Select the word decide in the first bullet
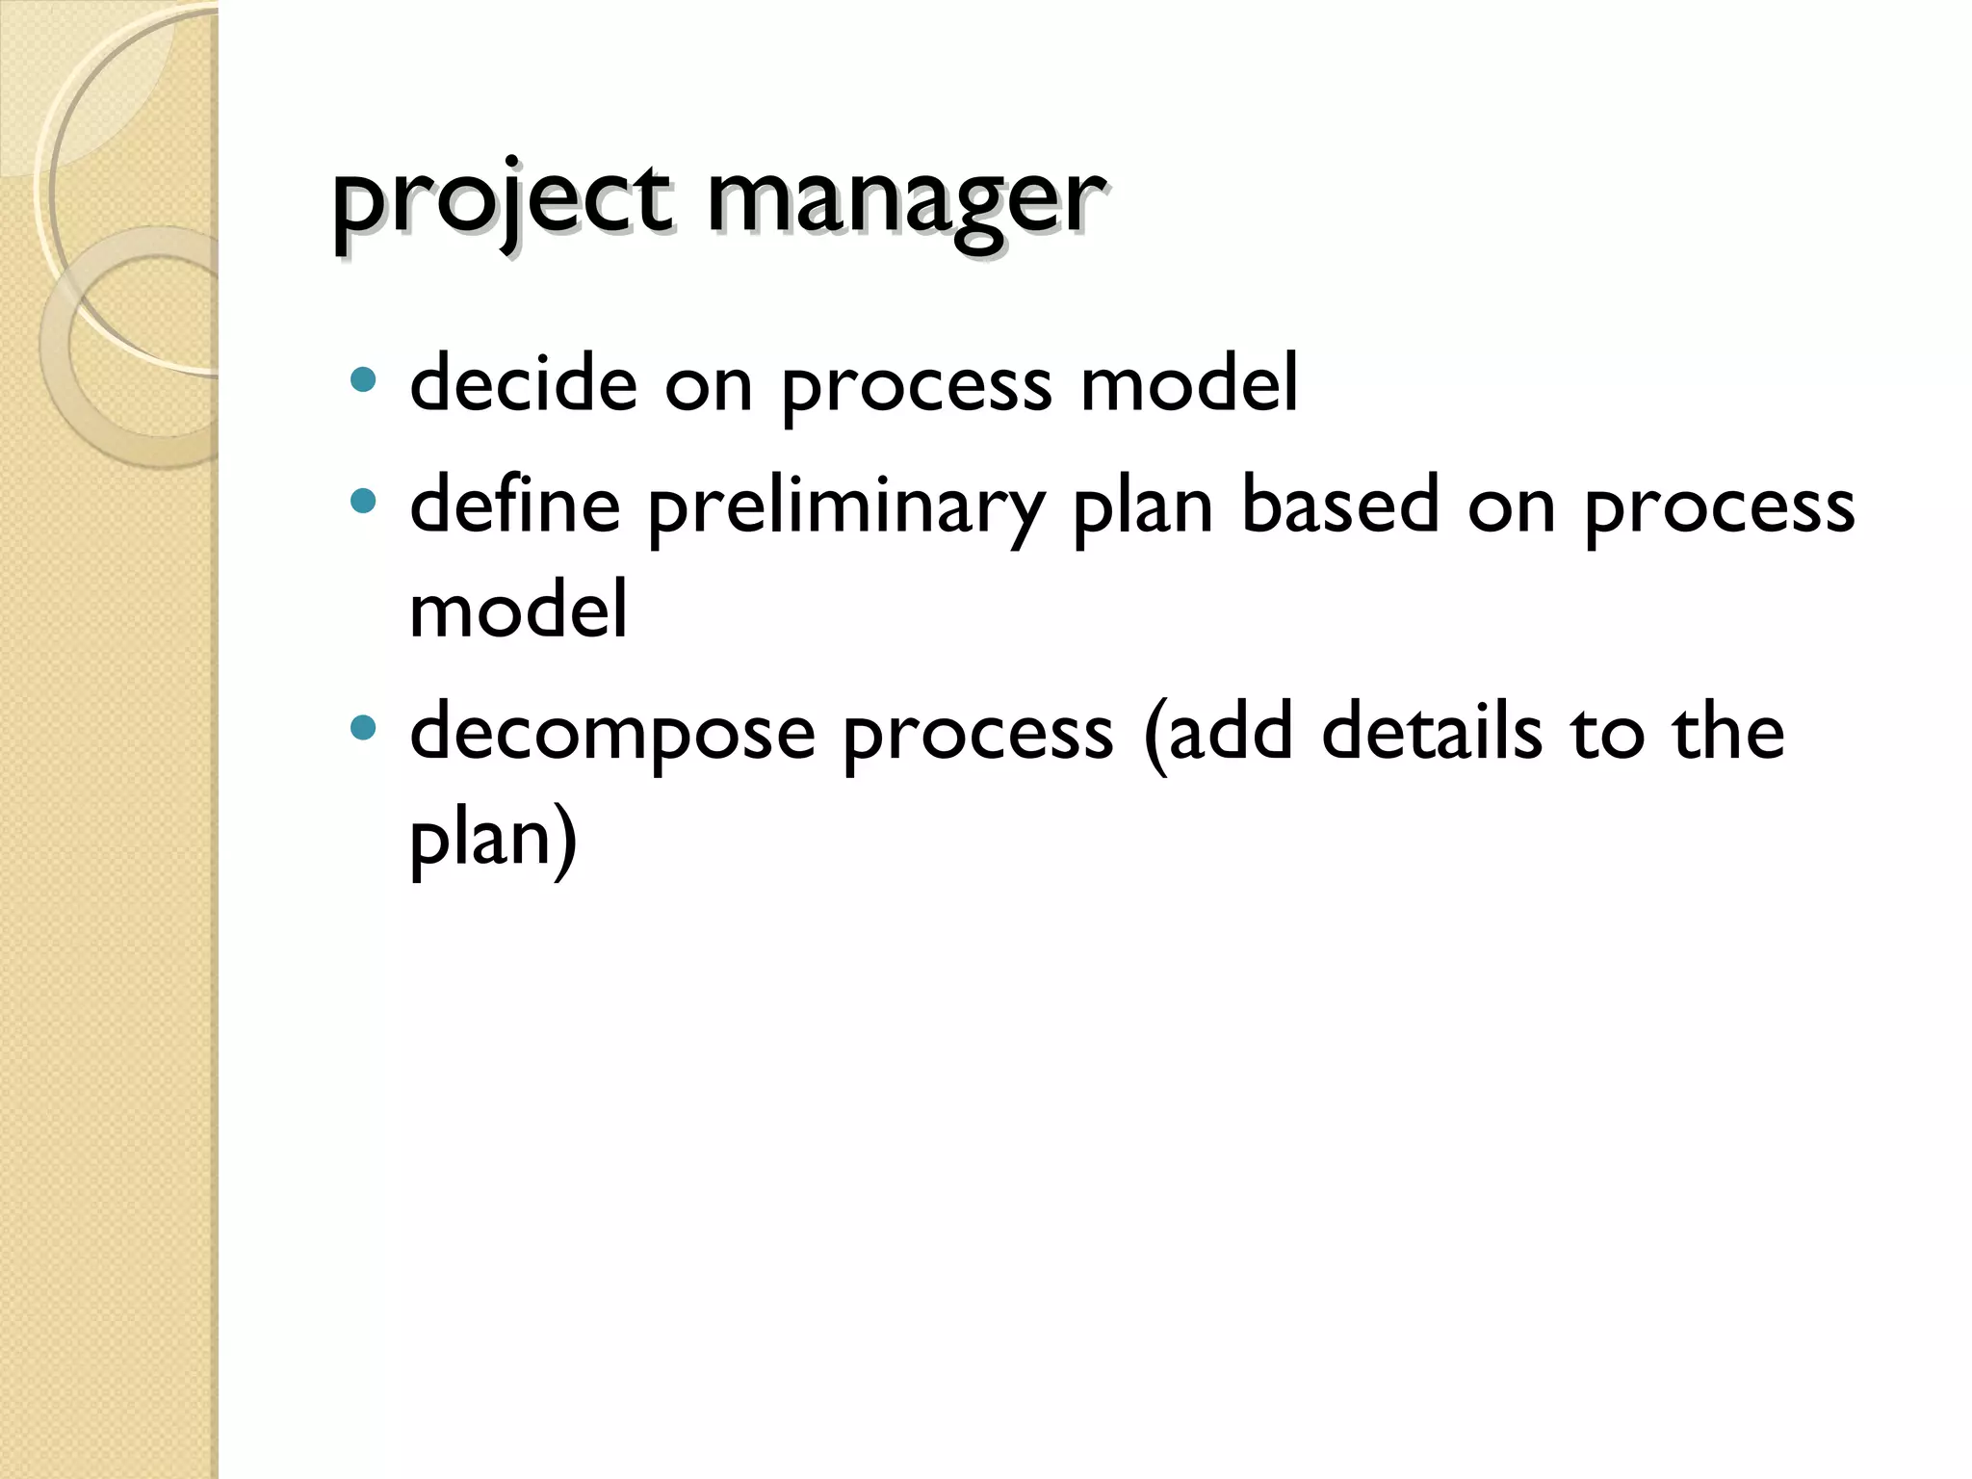524,383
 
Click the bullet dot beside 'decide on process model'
363,380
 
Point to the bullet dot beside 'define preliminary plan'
363,502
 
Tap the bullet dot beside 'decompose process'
363,729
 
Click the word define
515,505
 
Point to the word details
1432,732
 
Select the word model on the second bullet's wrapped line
518,610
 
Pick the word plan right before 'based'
1142,506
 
